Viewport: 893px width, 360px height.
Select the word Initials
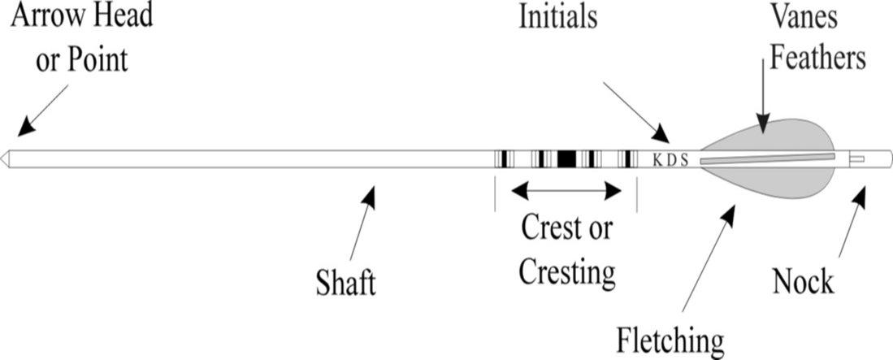[x=557, y=18]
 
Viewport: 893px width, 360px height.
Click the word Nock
[x=803, y=281]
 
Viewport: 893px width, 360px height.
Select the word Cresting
[x=566, y=271]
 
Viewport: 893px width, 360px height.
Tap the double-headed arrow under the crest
[x=566, y=191]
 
